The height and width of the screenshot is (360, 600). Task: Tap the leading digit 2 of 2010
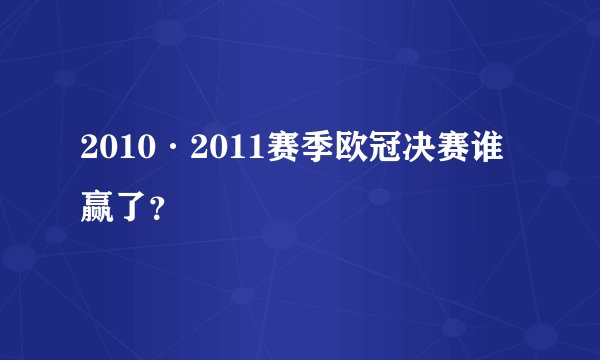coord(90,152)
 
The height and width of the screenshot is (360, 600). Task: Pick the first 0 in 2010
coord(108,152)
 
